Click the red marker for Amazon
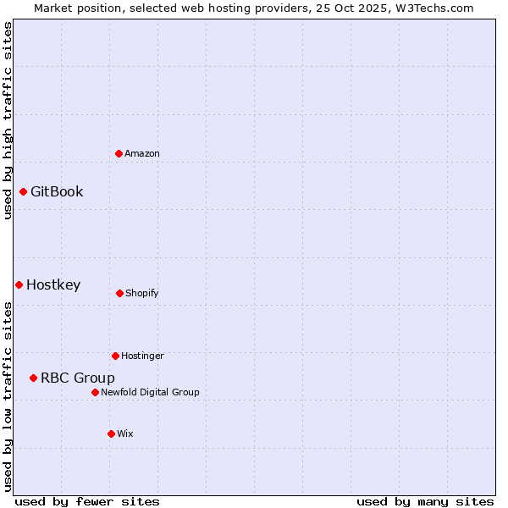pos(119,153)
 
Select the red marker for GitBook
pos(23,191)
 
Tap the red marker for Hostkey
pos(19,284)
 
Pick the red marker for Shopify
pos(119,293)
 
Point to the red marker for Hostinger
pos(115,356)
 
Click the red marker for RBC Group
pos(33,378)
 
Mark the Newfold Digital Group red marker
pos(95,392)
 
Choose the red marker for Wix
pos(111,433)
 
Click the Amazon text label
pos(142,153)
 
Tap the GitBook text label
pos(57,191)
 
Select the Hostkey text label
pos(53,284)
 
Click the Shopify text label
pos(142,293)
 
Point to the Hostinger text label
pos(142,356)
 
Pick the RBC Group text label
pos(78,378)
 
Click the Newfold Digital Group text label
pos(150,392)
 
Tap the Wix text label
pos(125,433)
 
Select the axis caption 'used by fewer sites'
pos(87,501)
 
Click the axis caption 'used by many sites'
pos(425,501)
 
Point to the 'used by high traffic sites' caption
pos(8,120)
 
